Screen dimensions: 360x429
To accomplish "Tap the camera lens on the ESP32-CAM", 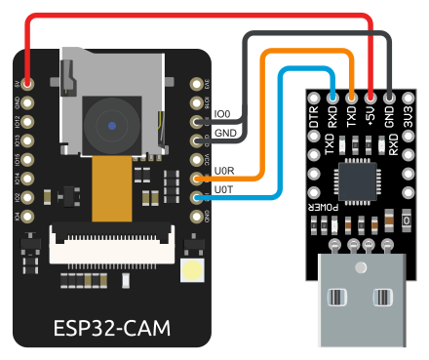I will (x=113, y=126).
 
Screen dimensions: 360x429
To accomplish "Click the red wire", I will (x=195, y=17).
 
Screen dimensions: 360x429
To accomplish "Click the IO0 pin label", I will (x=222, y=115).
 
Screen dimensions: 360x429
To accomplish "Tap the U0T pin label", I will (x=223, y=188).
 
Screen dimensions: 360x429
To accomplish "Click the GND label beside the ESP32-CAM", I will (x=223, y=133).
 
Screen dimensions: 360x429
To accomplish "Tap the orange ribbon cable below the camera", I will (x=110, y=190).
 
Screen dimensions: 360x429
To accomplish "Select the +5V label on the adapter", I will (x=370, y=117).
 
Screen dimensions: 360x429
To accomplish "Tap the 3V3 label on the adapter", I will (x=409, y=117).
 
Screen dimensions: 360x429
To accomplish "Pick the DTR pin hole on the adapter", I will (x=314, y=97).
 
